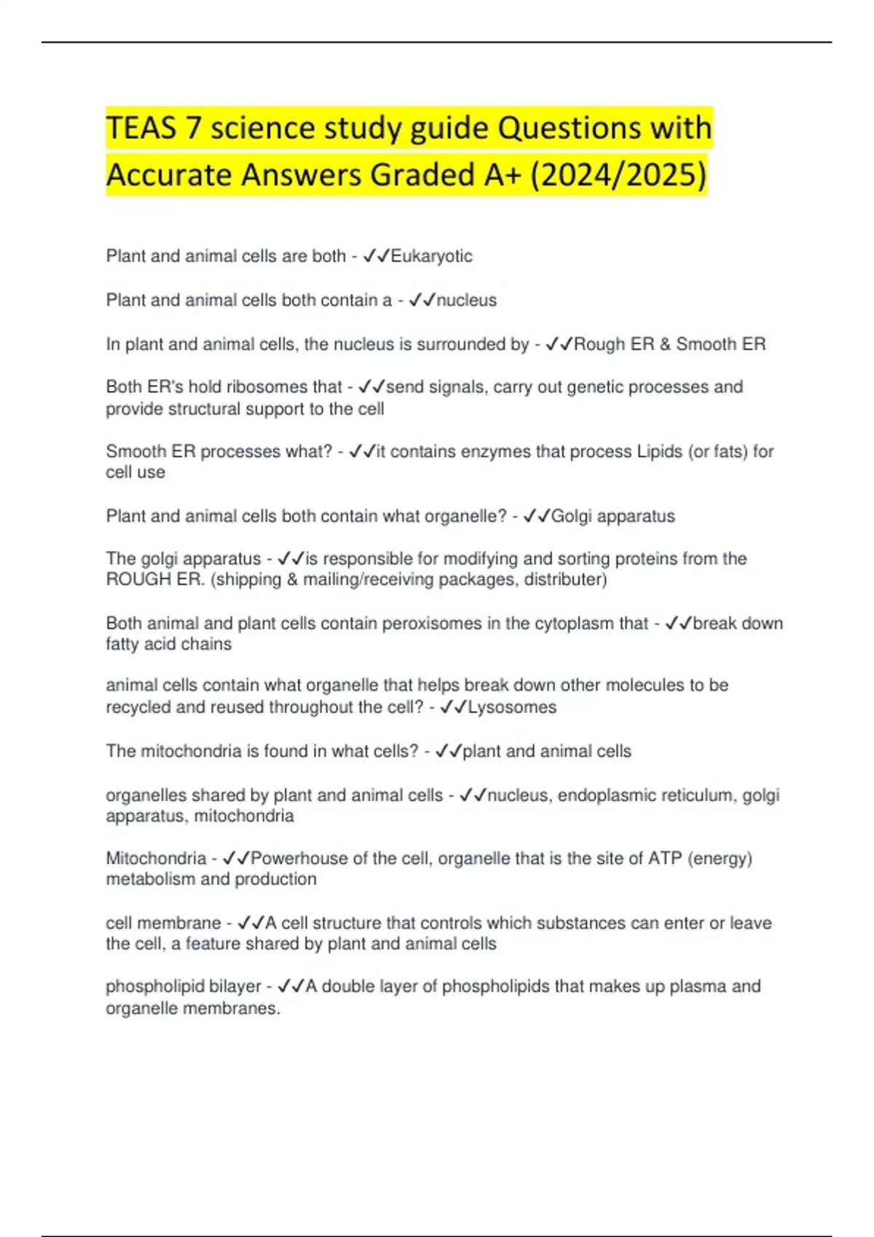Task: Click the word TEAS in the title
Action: pyautogui.click(x=141, y=128)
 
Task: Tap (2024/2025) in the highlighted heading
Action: pyautogui.click(x=618, y=175)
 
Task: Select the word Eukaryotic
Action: pyautogui.click(x=431, y=256)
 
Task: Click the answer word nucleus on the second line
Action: pyautogui.click(x=466, y=300)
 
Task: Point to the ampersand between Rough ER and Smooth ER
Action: pyautogui.click(x=665, y=344)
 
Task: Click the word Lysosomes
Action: pyautogui.click(x=511, y=707)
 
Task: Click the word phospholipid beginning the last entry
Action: pyautogui.click(x=144, y=987)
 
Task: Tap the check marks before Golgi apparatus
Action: pyautogui.click(x=537, y=516)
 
